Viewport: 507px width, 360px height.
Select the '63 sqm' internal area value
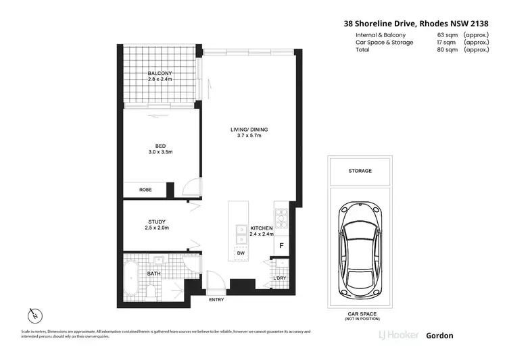coord(448,35)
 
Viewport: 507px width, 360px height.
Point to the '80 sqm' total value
coord(448,50)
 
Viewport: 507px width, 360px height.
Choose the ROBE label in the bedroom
coord(145,190)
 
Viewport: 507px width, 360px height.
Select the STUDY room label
coord(157,222)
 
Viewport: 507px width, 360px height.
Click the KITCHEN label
coord(261,229)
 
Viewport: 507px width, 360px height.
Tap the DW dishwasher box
coord(239,253)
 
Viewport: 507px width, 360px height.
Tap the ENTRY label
coord(217,299)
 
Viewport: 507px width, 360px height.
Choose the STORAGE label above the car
coord(360,171)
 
